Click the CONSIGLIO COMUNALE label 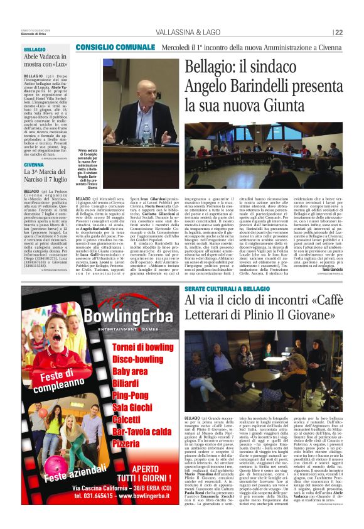click(115, 48)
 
